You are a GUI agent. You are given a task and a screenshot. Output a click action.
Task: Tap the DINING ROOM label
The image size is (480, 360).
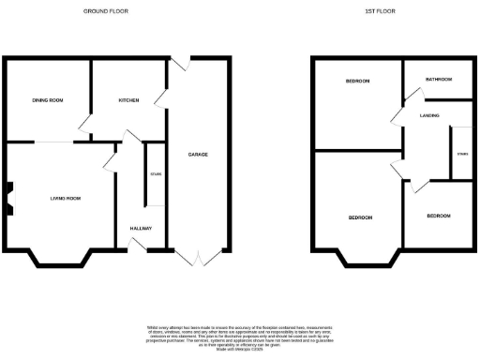click(x=47, y=100)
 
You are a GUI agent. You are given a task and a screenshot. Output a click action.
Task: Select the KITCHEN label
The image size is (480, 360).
click(x=128, y=100)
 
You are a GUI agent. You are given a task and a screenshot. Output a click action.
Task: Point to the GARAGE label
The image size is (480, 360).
click(x=198, y=154)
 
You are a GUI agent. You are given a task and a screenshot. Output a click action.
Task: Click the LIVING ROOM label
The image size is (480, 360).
click(x=66, y=199)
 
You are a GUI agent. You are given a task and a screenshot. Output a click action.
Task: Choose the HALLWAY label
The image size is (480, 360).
click(x=141, y=229)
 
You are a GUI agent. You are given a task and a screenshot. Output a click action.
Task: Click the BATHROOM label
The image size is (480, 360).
click(x=438, y=80)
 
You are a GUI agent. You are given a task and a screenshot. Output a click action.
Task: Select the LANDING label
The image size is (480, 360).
click(x=430, y=115)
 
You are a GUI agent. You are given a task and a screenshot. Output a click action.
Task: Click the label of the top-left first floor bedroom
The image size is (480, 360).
click(x=357, y=82)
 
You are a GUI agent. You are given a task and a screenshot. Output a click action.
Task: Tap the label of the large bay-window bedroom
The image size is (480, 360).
click(x=361, y=217)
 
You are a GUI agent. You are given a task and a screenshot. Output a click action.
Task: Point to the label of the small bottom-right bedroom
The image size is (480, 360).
click(x=438, y=216)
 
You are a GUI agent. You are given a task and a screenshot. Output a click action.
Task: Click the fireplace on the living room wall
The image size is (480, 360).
click(x=8, y=199)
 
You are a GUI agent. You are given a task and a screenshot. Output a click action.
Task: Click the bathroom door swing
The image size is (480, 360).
click(x=410, y=90)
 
